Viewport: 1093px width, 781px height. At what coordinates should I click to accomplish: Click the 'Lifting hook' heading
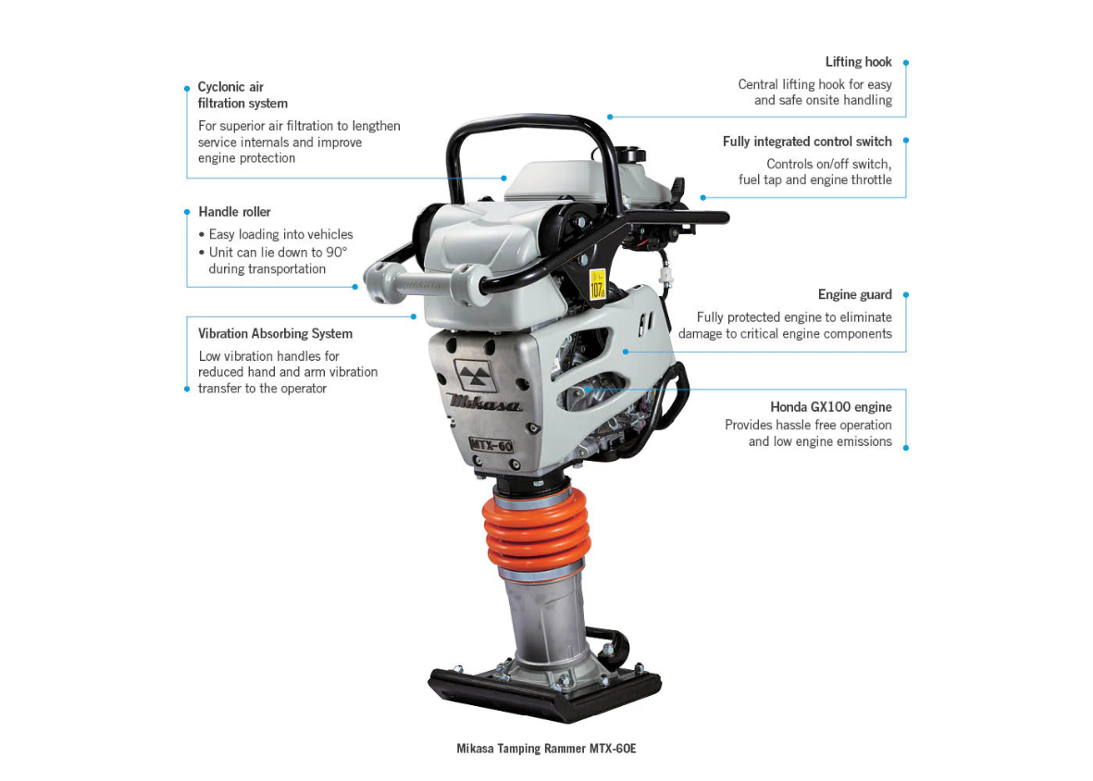[858, 62]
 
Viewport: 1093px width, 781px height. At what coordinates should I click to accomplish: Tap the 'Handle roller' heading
[234, 212]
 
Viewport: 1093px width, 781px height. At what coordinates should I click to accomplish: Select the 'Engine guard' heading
[854, 294]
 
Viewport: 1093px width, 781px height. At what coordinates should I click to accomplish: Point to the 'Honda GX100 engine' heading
[831, 407]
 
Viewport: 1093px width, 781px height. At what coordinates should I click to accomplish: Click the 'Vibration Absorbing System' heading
[276, 334]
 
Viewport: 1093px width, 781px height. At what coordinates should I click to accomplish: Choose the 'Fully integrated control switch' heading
[807, 142]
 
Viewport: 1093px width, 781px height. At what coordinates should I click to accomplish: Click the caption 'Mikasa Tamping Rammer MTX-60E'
[546, 749]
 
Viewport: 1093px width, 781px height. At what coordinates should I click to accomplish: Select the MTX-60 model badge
[491, 444]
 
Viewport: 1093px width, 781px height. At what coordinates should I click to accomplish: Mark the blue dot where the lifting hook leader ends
[610, 117]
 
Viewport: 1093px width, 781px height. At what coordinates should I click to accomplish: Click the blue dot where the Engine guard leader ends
[626, 352]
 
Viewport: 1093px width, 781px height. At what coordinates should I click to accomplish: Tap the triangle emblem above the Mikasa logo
[476, 376]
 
